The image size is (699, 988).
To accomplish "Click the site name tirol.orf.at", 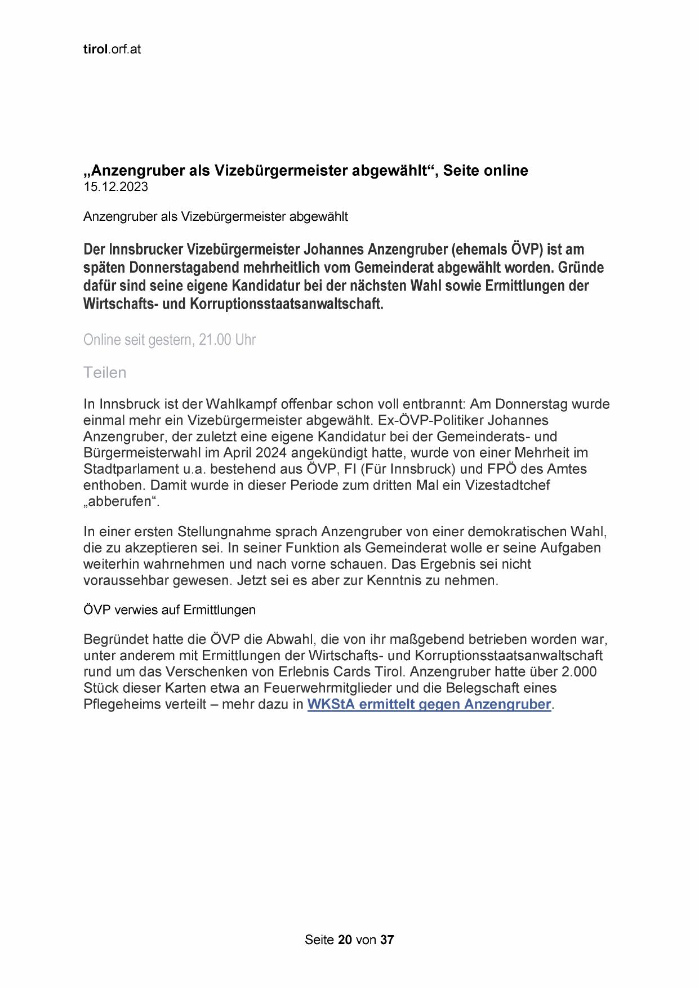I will [112, 50].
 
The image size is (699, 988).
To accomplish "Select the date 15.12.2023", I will [115, 188].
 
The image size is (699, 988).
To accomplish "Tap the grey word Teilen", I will [105, 372].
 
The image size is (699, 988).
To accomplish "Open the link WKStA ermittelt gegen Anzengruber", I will [429, 704].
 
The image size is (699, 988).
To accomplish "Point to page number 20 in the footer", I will [345, 940].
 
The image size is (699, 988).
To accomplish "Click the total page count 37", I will [387, 940].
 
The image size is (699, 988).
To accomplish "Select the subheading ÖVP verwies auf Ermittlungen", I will [169, 609].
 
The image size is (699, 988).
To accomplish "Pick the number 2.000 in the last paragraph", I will [579, 671].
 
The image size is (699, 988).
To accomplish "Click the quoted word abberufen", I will [121, 501].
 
